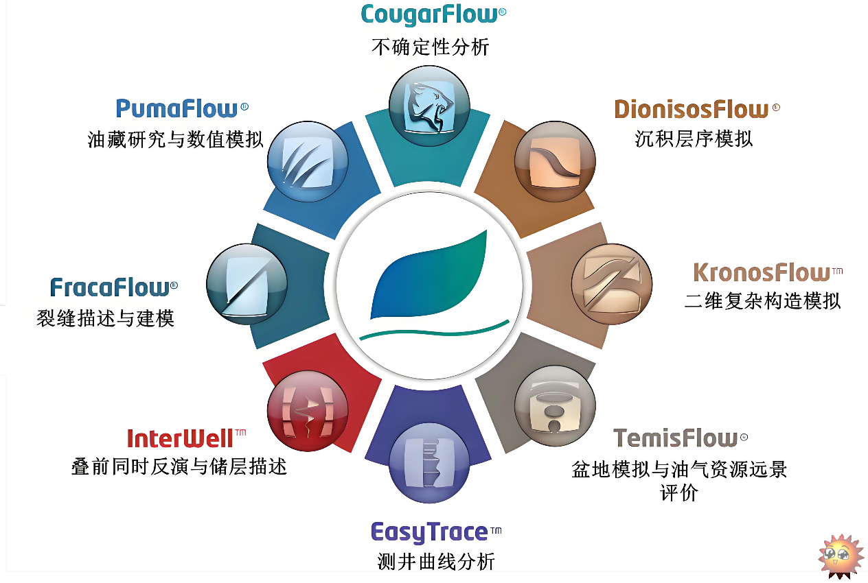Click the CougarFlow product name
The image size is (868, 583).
[x=433, y=14]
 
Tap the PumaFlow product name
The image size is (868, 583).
[x=182, y=108]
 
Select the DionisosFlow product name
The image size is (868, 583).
[x=697, y=109]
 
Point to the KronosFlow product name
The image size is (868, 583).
[x=768, y=272]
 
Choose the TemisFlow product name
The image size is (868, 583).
[x=681, y=438]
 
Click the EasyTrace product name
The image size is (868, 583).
[x=436, y=532]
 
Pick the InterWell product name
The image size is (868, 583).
[x=186, y=438]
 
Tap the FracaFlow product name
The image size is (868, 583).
[x=114, y=287]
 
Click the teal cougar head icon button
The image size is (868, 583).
[x=429, y=106]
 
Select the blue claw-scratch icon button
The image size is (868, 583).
[x=308, y=161]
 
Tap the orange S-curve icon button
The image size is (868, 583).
[x=555, y=161]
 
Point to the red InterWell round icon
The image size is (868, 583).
[x=308, y=411]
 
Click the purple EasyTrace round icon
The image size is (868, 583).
[x=429, y=463]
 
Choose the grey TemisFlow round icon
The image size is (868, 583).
[x=555, y=406]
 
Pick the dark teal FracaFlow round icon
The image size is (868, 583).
[x=247, y=284]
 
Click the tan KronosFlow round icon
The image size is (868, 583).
[x=612, y=284]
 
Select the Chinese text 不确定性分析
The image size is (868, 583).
[x=430, y=47]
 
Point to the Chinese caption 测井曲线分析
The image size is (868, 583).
[x=436, y=562]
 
